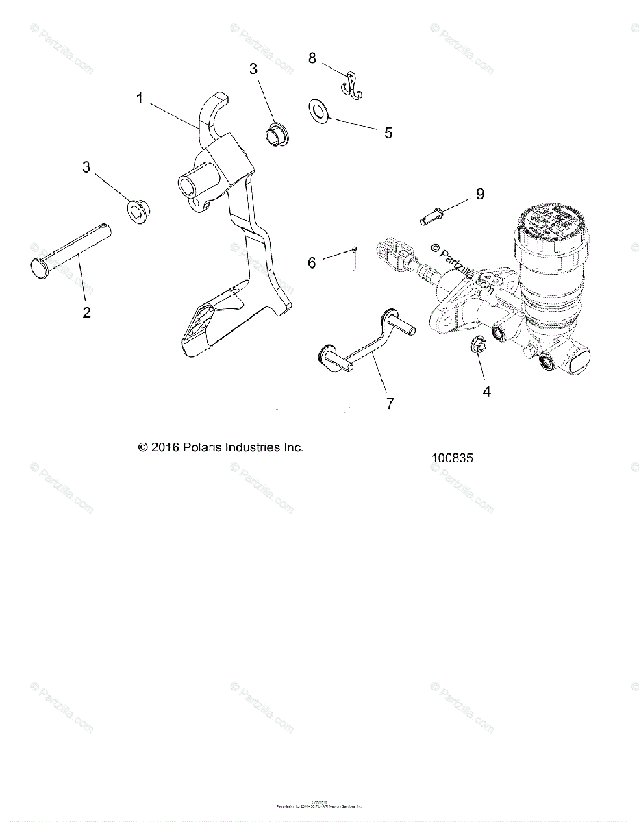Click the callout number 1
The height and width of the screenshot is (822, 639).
(140, 99)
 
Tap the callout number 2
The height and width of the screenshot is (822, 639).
(86, 312)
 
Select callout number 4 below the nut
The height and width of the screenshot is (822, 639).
(487, 391)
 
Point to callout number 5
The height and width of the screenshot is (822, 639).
(388, 133)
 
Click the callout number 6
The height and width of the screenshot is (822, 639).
(312, 262)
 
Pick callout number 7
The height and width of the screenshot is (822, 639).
(390, 403)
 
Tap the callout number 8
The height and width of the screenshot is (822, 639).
(312, 58)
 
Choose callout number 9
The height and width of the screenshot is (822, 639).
(480, 194)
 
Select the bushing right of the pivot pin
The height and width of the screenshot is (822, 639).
(140, 211)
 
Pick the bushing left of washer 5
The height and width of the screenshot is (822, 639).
(277, 133)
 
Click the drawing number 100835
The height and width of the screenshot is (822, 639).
(451, 458)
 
